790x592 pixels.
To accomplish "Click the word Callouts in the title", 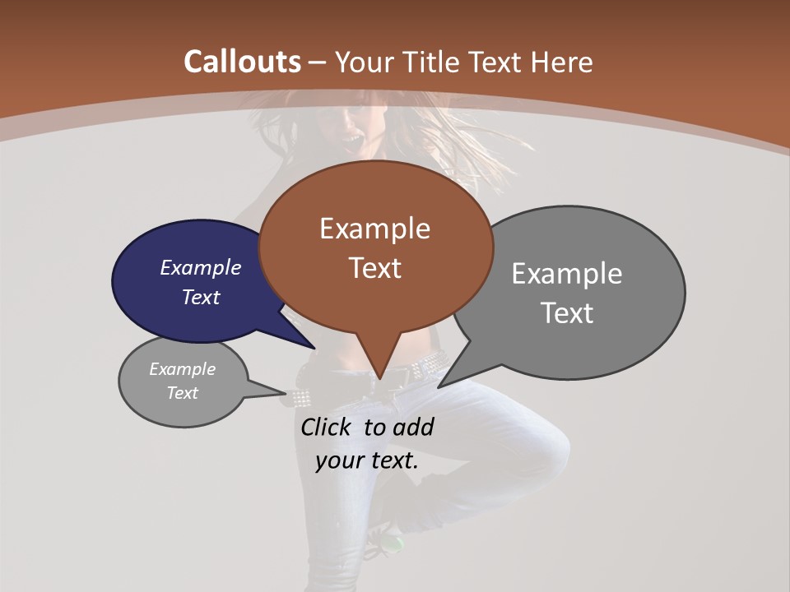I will tap(242, 62).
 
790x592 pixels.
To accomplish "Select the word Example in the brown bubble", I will tap(374, 229).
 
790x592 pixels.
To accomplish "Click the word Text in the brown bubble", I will tap(374, 268).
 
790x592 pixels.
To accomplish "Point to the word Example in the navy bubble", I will tap(200, 267).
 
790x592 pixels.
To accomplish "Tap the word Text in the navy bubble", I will tap(200, 297).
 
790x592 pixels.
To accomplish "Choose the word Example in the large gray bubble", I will tap(567, 274).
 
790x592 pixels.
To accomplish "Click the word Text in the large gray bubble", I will tap(567, 313).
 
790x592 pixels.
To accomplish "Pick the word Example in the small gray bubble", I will tap(182, 369).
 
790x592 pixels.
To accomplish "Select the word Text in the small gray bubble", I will tap(182, 393).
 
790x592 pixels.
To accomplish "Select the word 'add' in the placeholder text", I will tap(412, 427).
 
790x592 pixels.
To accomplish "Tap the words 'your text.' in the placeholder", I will tap(367, 460).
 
